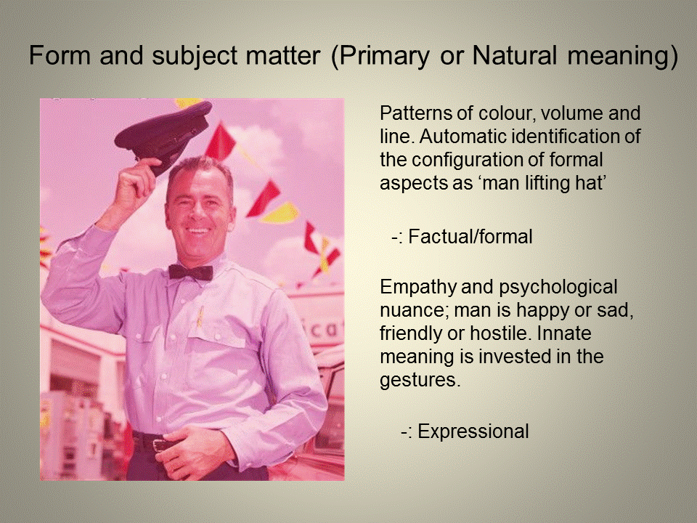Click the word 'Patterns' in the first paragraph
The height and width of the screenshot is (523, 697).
pos(412,114)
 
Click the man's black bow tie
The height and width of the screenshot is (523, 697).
pos(190,272)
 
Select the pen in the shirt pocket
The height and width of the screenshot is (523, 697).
pos(200,315)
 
